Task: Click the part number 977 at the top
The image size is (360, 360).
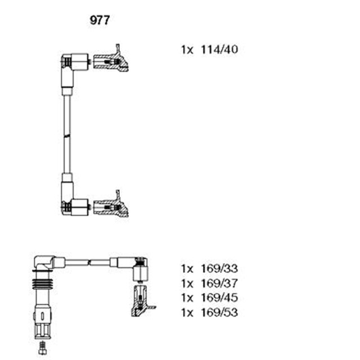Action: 100,21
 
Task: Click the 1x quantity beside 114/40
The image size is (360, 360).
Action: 187,50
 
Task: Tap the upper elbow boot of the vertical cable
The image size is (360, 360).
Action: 73,63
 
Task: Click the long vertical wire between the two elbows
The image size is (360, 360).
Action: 67,135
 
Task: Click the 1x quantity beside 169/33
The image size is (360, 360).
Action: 187,268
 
